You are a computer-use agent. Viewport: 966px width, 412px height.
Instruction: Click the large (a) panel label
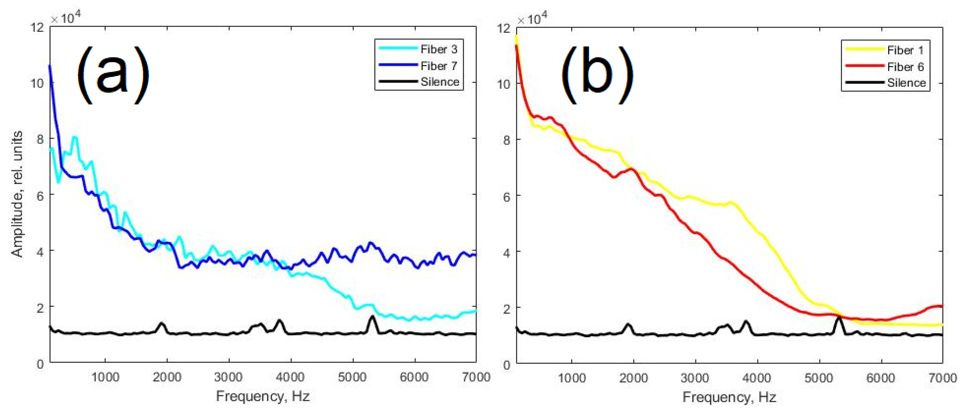point(113,75)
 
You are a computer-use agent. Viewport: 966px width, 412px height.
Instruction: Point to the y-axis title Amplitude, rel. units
point(17,194)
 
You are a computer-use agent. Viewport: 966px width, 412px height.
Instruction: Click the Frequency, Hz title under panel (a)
point(262,396)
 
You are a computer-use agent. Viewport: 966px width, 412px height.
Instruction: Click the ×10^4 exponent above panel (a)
point(66,18)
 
